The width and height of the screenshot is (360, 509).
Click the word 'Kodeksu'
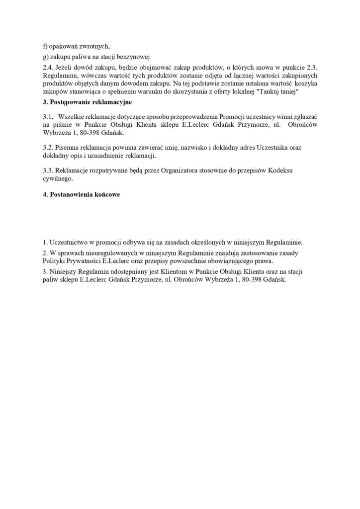click(281, 170)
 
